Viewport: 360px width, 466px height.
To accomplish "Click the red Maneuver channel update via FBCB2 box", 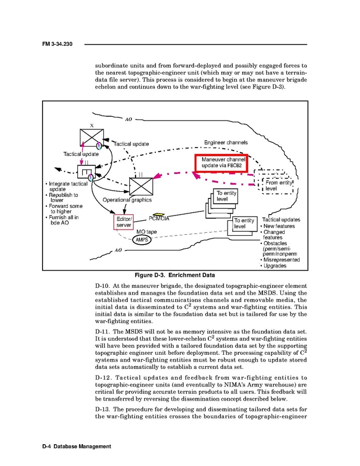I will pyautogui.click(x=222, y=162).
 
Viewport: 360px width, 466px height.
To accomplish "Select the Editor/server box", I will pyautogui.click(x=124, y=222).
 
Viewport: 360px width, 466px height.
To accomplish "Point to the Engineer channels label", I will pyautogui.click(x=225, y=142).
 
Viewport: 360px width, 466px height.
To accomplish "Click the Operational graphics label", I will pyautogui.click(x=127, y=200).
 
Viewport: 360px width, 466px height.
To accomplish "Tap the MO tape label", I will pyautogui.click(x=146, y=232).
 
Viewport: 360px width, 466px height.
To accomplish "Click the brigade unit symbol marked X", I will pyautogui.click(x=91, y=138).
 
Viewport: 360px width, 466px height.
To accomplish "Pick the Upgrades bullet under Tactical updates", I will pyautogui.click(x=275, y=266).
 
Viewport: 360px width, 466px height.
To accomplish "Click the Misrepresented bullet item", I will pyautogui.click(x=282, y=260).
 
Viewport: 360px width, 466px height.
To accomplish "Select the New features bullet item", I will pyautogui.click(x=279, y=227).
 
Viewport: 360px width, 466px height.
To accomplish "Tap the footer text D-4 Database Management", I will pyautogui.click(x=76, y=447).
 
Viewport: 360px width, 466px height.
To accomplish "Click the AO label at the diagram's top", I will pyautogui.click(x=128, y=119).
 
